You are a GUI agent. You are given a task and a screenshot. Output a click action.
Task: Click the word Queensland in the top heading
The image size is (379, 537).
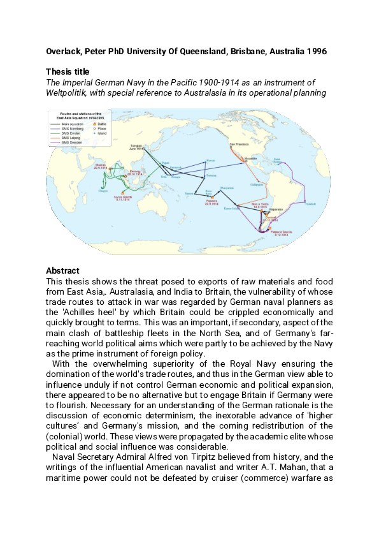click(199, 51)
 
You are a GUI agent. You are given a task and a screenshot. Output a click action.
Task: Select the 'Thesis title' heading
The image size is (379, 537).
click(68, 71)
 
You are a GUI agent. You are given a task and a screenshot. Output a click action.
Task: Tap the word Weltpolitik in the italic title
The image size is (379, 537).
click(69, 92)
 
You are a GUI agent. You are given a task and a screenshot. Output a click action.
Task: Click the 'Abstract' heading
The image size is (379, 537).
click(62, 270)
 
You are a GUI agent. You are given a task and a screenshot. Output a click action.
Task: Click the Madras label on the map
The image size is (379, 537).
click(99, 165)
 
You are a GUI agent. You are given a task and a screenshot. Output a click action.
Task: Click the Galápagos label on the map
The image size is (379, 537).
click(257, 183)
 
